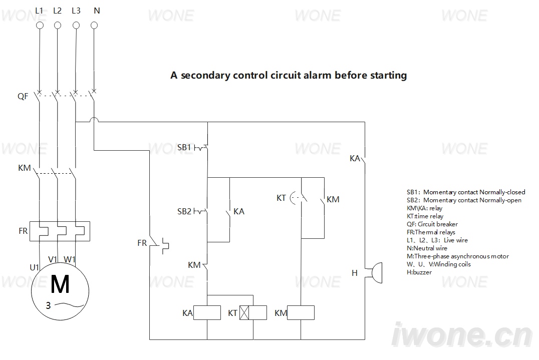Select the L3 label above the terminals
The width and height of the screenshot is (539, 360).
tap(76, 11)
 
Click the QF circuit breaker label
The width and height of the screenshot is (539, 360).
tap(23, 96)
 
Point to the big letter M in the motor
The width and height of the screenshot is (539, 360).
tap(60, 284)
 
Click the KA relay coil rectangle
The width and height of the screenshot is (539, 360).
tap(207, 312)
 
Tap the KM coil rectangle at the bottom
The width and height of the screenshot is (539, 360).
tap(301, 312)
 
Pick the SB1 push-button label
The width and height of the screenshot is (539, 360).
tap(184, 147)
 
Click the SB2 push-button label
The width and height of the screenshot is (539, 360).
tap(184, 211)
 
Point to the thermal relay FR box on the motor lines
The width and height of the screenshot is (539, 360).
tap(60, 231)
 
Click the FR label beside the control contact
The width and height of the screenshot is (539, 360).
tap(142, 243)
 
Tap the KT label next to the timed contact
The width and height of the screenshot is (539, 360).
tap(281, 198)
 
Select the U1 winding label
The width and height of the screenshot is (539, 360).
tap(35, 267)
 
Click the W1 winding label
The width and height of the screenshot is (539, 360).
tap(70, 259)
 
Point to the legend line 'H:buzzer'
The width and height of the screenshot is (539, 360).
tap(419, 272)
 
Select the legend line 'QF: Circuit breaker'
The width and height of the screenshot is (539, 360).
tap(432, 224)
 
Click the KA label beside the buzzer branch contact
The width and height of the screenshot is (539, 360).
tap(355, 158)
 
